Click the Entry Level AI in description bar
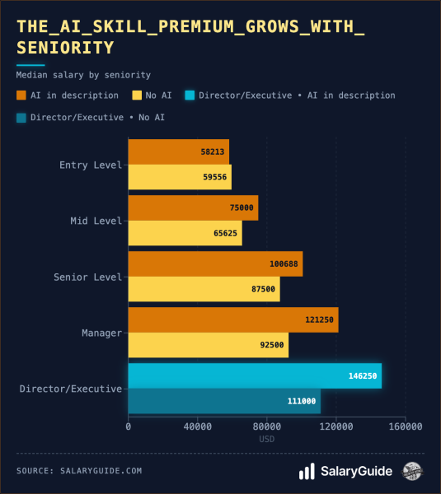point(179,152)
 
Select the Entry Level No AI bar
point(180,177)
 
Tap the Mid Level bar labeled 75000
point(193,208)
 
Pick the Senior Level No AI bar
point(204,289)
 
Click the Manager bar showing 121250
point(233,320)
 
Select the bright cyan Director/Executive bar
point(255,375)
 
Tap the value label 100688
point(284,264)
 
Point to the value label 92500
point(272,345)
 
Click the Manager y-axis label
point(102,333)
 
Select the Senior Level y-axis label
point(87,277)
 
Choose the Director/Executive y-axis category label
point(71,389)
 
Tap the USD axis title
point(267,439)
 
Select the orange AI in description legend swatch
point(21,96)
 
